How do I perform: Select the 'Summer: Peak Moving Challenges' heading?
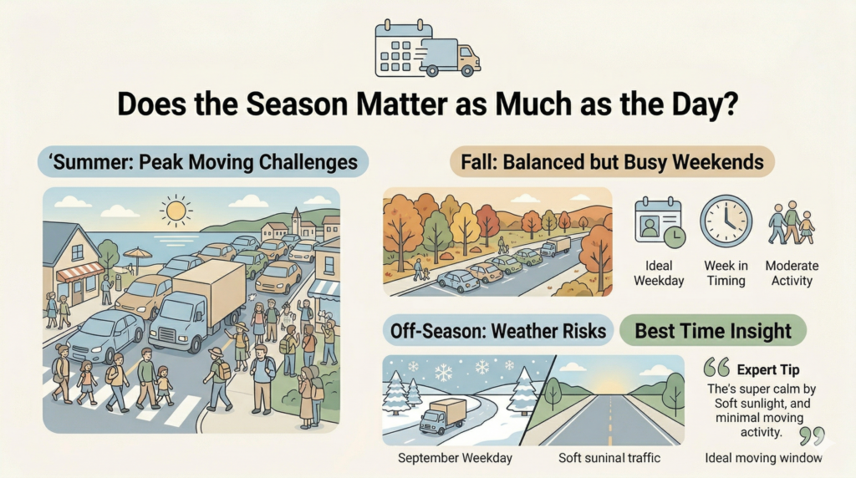203,162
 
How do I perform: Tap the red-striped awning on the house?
80,272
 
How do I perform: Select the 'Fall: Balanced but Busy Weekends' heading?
612,162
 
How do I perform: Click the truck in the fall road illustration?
555,246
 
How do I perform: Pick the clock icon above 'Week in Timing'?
726,221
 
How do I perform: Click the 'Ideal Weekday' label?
659,272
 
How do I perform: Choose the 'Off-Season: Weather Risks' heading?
498,331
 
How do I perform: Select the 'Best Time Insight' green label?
713,331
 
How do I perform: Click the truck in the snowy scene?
443,416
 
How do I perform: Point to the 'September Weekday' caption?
455,457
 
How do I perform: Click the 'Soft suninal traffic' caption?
609,457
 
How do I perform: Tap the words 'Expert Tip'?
768,369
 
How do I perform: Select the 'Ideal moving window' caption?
763,457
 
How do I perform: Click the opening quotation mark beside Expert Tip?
716,367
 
